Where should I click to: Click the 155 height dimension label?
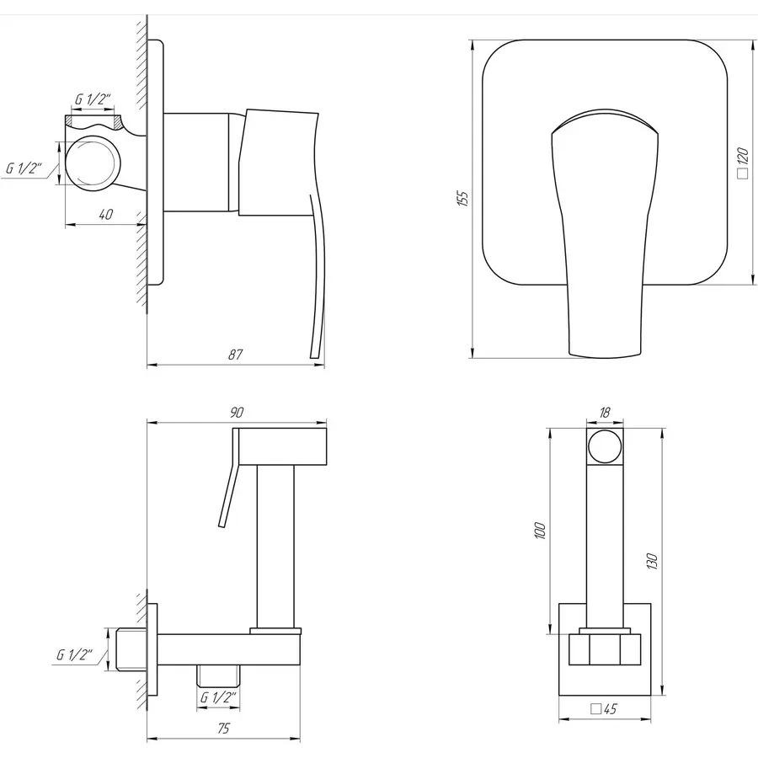(x=462, y=198)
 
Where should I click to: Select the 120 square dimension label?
(x=743, y=163)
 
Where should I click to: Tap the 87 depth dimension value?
(x=236, y=355)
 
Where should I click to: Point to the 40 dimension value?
(x=105, y=214)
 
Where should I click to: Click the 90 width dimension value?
(x=237, y=413)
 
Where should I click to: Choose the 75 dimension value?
(x=223, y=728)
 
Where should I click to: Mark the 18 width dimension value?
(x=604, y=413)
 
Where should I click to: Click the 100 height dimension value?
(x=541, y=531)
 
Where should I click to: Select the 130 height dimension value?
(x=652, y=561)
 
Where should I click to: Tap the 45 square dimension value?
(x=604, y=708)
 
